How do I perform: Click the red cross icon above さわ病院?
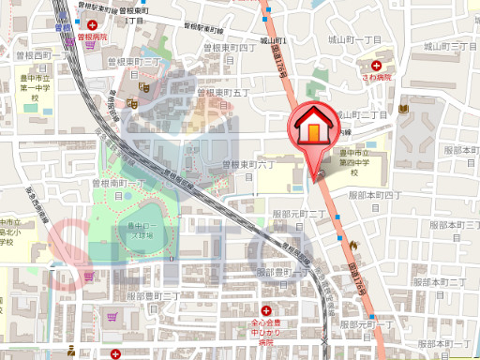pyautogui.click(x=377, y=66)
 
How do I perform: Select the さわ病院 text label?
pyautogui.click(x=377, y=79)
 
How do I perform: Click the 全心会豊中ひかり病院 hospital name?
pyautogui.click(x=266, y=332)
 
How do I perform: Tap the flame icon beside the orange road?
pyautogui.click(x=352, y=245)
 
